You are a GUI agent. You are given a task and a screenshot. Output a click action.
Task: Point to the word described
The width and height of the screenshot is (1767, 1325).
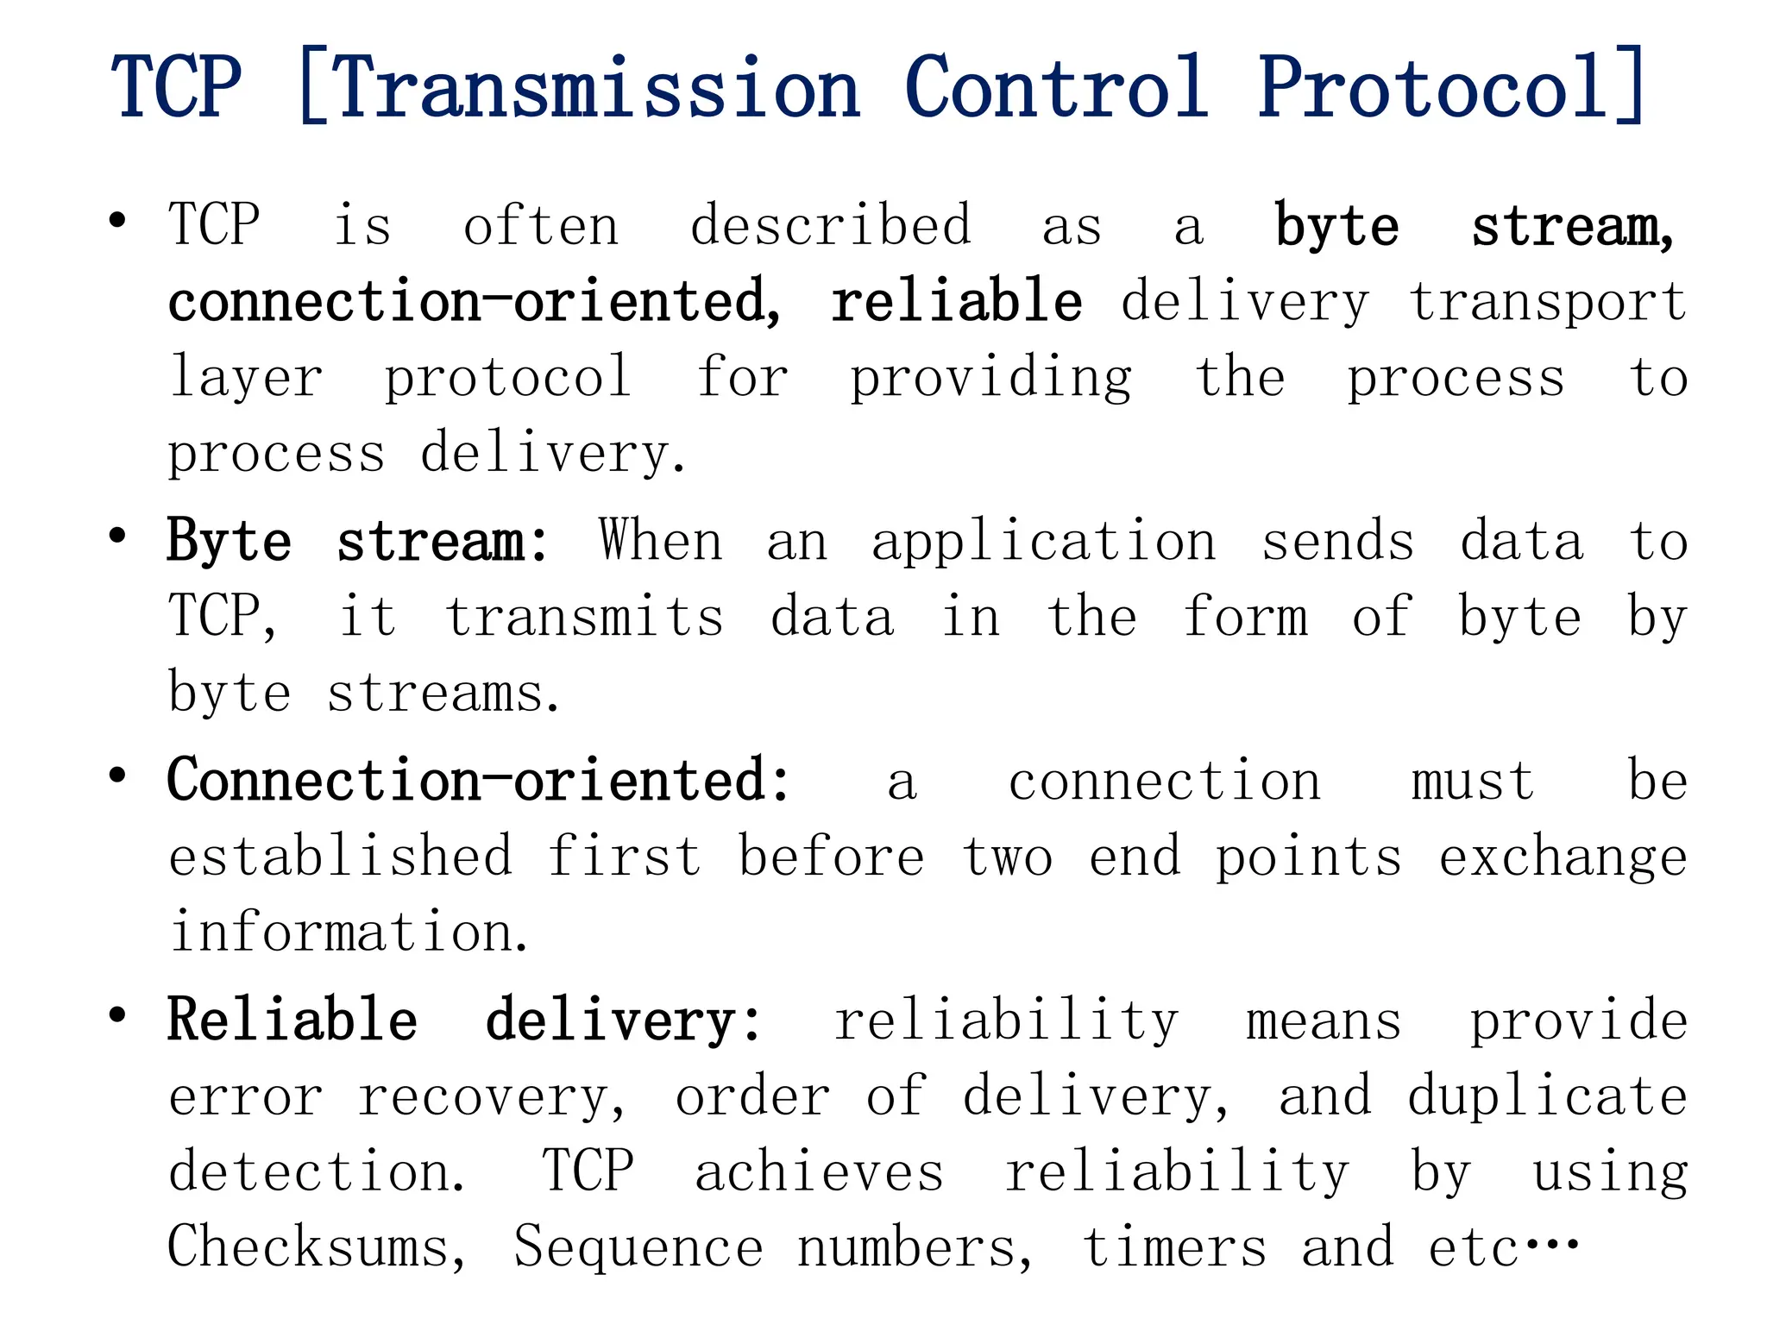pos(831,226)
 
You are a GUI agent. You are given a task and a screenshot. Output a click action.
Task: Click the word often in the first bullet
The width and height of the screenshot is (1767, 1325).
pos(541,226)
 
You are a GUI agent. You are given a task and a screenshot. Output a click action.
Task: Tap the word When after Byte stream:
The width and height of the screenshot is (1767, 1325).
pos(661,541)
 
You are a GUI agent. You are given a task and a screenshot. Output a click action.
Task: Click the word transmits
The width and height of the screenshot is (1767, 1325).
pos(584,618)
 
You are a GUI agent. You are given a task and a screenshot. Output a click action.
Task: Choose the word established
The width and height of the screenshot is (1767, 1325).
pos(340,857)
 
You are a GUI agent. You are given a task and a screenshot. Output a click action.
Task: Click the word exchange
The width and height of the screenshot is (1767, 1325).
pos(1563,858)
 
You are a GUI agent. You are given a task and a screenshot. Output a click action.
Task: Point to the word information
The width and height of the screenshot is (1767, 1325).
pos(349,933)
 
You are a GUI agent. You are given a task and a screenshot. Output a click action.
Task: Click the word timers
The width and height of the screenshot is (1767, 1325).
pos(1174,1247)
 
